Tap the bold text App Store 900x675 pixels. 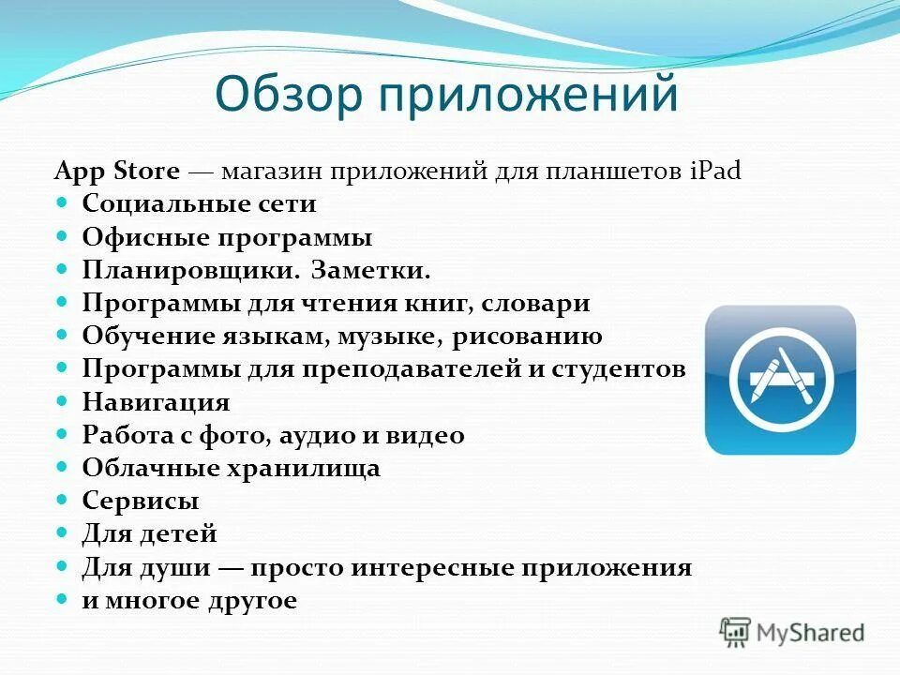pyautogui.click(x=117, y=172)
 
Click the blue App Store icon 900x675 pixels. pyautogui.click(x=780, y=380)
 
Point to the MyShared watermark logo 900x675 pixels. pyautogui.click(x=792, y=632)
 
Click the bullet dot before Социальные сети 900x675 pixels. pyautogui.click(x=63, y=203)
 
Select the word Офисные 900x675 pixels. pyautogui.click(x=146, y=237)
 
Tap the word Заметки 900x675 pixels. pyautogui.click(x=371, y=270)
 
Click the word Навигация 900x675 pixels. pyautogui.click(x=156, y=402)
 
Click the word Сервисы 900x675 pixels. pyautogui.click(x=140, y=501)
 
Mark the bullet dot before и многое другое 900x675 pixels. pyautogui.click(x=63, y=600)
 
